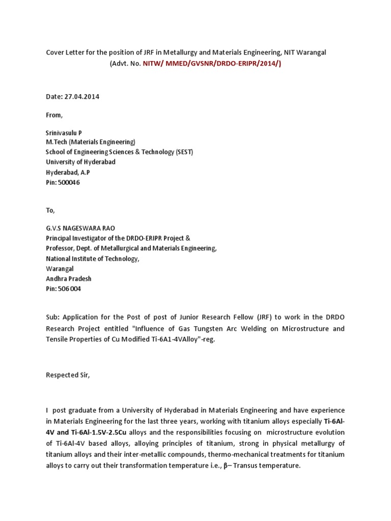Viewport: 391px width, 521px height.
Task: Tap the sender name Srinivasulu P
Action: (64, 133)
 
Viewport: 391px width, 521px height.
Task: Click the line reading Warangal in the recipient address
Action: (60, 268)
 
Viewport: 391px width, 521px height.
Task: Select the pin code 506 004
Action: (69, 288)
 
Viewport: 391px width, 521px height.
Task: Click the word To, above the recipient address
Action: (50, 210)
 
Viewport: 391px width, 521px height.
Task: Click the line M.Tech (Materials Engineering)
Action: (91, 142)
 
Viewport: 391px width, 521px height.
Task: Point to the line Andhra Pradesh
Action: (69, 278)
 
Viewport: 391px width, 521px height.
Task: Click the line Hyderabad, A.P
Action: (68, 172)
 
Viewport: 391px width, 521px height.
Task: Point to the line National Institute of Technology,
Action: (92, 258)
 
